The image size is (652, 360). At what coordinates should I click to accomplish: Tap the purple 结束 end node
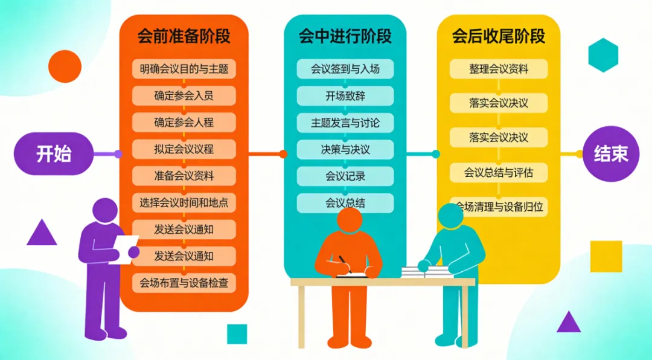pos(611,153)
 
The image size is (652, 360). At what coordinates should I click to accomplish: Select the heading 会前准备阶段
pos(184,36)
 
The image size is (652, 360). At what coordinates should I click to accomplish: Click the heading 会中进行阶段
pos(345,36)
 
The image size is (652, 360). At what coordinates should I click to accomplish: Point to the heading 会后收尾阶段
pos(498,36)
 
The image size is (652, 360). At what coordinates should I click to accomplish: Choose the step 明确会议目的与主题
pos(184,69)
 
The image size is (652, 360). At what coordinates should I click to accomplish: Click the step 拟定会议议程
pos(184,149)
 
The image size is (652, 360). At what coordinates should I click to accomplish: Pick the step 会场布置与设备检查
pos(184,283)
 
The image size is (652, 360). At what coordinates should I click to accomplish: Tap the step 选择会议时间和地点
pos(184,203)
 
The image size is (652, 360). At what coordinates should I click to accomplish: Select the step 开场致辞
pos(345,96)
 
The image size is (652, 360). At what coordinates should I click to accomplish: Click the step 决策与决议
pos(345,149)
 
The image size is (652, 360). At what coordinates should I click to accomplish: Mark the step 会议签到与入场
pos(345,69)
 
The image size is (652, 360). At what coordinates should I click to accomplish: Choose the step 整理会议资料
pos(498,69)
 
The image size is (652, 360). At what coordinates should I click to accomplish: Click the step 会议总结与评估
pos(498,173)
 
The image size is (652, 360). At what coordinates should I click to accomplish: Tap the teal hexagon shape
pos(603,55)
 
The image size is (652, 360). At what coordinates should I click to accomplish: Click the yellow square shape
pos(606,256)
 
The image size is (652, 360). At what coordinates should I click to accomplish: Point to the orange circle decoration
pos(65,66)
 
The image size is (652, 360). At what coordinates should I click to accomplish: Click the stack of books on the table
pos(426,272)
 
